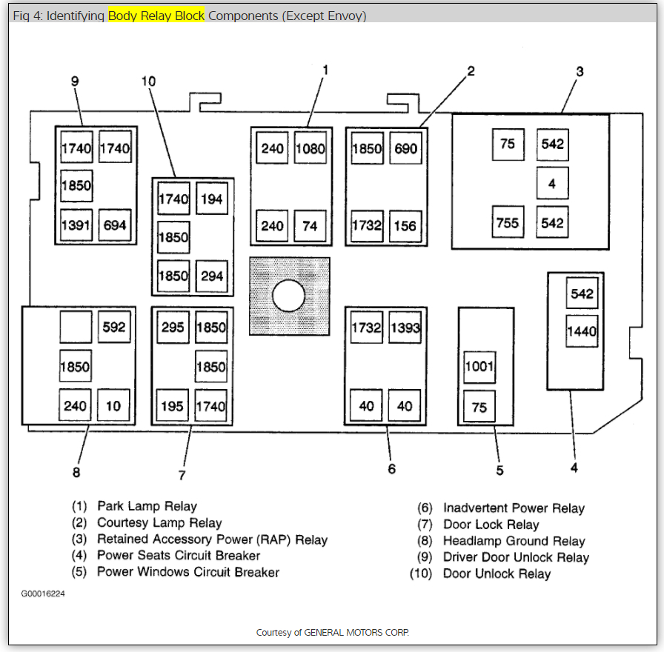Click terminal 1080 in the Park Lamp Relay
[x=310, y=148]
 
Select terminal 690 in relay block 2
[x=405, y=148]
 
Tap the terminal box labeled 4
[x=552, y=183]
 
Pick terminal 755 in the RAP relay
[x=508, y=222]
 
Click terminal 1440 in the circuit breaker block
[x=582, y=331]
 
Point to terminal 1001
[x=479, y=367]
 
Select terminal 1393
[x=405, y=327]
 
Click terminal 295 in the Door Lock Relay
[x=173, y=327]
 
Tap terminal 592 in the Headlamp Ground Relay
[x=114, y=327]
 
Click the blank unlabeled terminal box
[x=76, y=327]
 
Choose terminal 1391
[x=76, y=225]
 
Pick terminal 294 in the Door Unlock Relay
[x=212, y=276]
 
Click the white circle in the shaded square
[x=289, y=296]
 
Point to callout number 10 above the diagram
[x=149, y=81]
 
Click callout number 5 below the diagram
[x=500, y=470]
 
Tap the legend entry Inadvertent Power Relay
[x=514, y=508]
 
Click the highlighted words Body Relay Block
[x=156, y=16]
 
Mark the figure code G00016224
[x=43, y=593]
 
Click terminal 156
[x=405, y=225]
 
